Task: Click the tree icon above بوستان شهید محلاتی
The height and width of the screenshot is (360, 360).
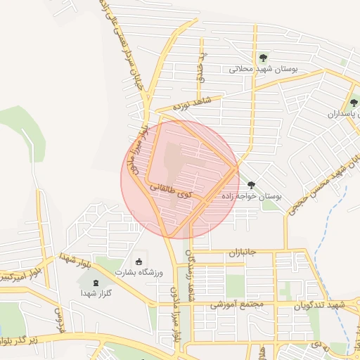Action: point(263,58)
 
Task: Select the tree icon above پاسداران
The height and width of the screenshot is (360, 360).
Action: point(354,103)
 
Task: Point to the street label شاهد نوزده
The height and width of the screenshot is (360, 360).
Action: point(199,103)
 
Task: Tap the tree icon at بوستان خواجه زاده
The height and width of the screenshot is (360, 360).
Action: point(251,185)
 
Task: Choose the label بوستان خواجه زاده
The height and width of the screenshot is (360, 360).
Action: point(251,197)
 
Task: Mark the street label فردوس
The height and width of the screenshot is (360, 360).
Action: point(59,321)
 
